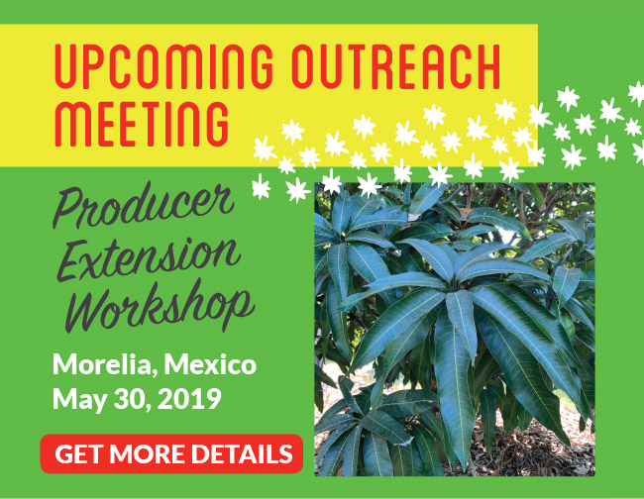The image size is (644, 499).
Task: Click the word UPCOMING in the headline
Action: click(163, 66)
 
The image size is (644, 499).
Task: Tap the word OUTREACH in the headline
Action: click(397, 66)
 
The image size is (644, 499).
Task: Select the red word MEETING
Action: click(142, 123)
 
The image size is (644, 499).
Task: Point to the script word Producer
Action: click(143, 205)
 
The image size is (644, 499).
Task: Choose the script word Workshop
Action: click(161, 306)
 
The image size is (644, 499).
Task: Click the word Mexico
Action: click(210, 364)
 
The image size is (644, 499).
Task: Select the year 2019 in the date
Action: click(189, 398)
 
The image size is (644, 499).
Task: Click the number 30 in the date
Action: click(131, 398)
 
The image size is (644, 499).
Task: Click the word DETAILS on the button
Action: click(242, 453)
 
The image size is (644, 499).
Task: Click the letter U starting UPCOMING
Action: click(65, 66)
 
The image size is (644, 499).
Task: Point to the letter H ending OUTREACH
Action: click(488, 66)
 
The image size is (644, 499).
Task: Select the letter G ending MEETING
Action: click(218, 123)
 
